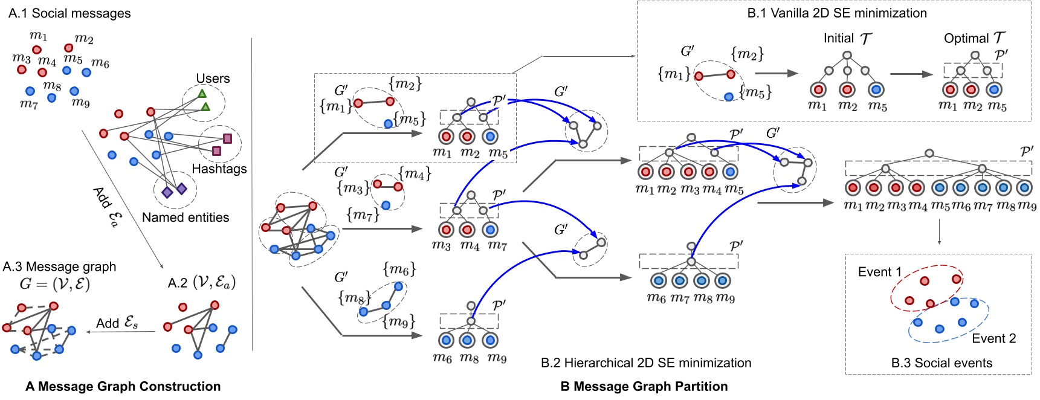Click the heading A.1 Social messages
pos(69,13)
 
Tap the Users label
pos(213,79)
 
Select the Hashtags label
pos(219,169)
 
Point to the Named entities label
pos(186,218)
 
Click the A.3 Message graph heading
pos(59,266)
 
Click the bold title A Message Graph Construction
pos(123,387)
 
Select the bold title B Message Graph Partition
pos(644,387)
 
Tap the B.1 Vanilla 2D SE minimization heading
pos(837,13)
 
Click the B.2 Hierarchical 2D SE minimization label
pos(646,363)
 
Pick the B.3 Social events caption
pos(941,363)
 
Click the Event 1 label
pos(879,272)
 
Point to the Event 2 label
pos(993,338)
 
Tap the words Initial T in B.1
pos(847,39)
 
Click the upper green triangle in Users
pos(202,94)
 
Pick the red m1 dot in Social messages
pos(37,50)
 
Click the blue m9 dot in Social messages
pos(74,91)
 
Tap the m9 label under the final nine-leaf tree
pos(1027,206)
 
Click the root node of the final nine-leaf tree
pos(929,153)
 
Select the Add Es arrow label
pos(117,323)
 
